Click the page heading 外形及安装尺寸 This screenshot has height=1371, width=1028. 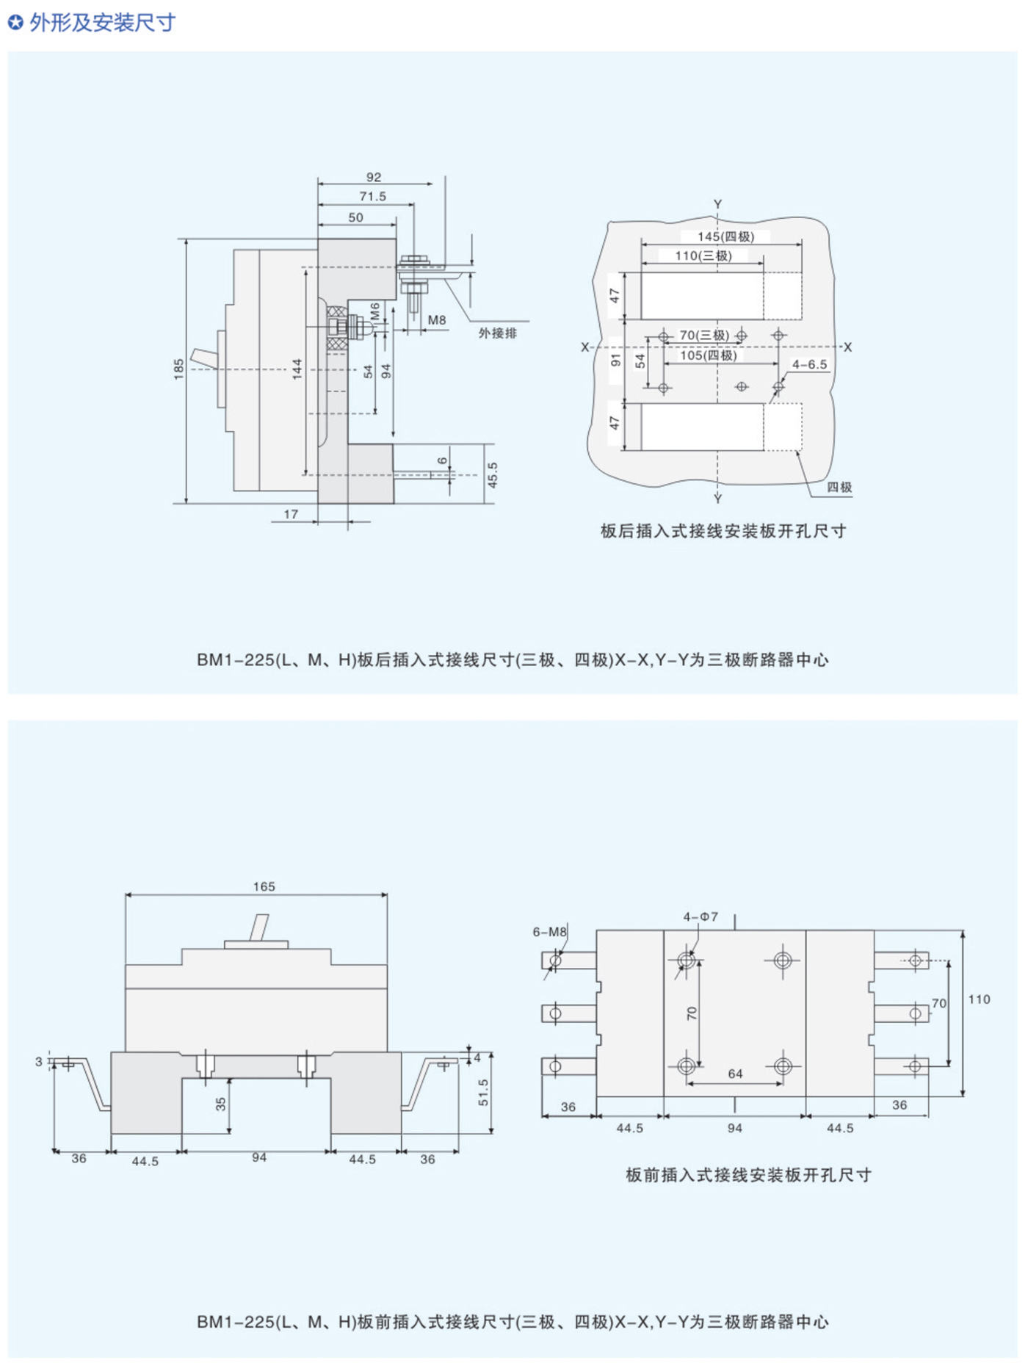pyautogui.click(x=101, y=23)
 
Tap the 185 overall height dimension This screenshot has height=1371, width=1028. pyautogui.click(x=179, y=369)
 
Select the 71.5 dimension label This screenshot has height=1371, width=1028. pyautogui.click(x=372, y=197)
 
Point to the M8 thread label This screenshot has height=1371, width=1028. pyautogui.click(x=437, y=320)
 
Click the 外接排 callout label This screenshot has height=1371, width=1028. pyautogui.click(x=497, y=333)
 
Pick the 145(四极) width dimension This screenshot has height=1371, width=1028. pyautogui.click(x=725, y=236)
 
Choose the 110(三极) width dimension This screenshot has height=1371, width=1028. pyautogui.click(x=703, y=256)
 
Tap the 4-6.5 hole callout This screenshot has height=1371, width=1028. pyautogui.click(x=809, y=364)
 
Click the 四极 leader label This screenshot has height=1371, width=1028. pyautogui.click(x=839, y=488)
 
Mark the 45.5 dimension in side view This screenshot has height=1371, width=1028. pyautogui.click(x=492, y=475)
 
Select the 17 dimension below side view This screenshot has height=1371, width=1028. pyautogui.click(x=291, y=514)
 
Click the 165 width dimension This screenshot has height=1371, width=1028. pyautogui.click(x=264, y=887)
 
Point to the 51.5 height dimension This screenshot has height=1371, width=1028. pyautogui.click(x=482, y=1092)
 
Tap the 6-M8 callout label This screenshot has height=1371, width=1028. pyautogui.click(x=549, y=932)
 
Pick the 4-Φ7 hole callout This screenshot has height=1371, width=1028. pyautogui.click(x=701, y=917)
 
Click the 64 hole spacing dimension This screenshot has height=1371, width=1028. pyautogui.click(x=735, y=1074)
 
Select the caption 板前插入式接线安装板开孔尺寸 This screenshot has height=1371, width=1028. pyautogui.click(x=748, y=1175)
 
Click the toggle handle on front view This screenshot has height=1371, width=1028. pyautogui.click(x=259, y=927)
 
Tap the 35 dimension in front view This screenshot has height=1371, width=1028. pyautogui.click(x=221, y=1104)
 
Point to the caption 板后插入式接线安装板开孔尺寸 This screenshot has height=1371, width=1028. pyautogui.click(x=723, y=531)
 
